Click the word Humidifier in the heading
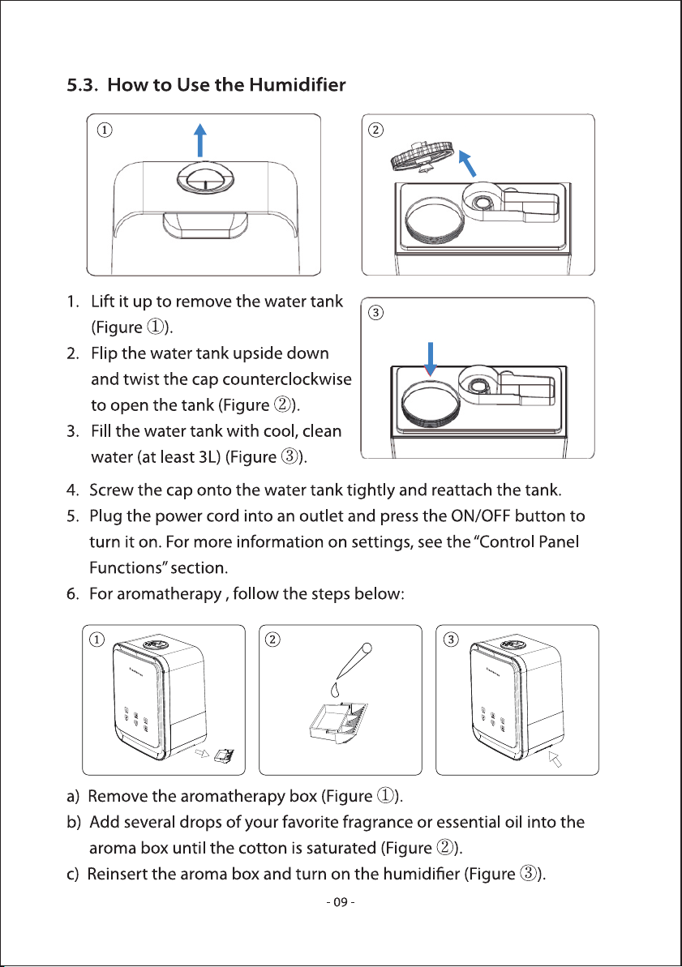(298, 84)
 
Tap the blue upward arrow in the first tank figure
(200, 139)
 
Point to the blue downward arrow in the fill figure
(431, 359)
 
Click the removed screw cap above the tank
(422, 157)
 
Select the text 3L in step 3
(205, 457)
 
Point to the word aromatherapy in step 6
(169, 594)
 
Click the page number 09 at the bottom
(340, 902)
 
